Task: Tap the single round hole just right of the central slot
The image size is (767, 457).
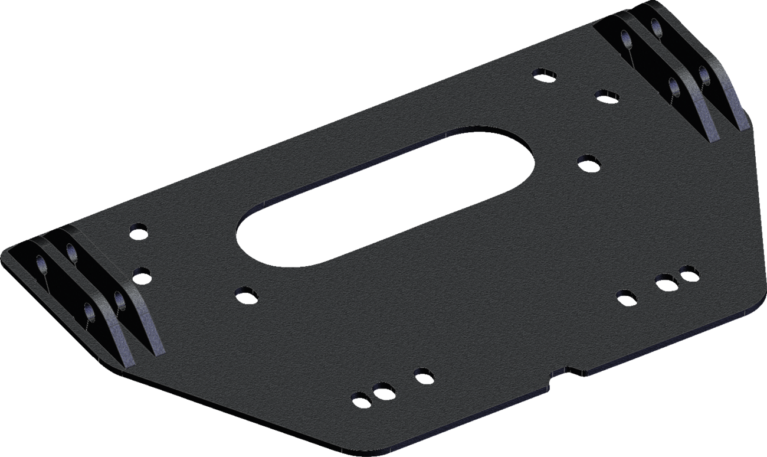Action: (x=588, y=162)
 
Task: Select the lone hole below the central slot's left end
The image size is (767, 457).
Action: (x=245, y=294)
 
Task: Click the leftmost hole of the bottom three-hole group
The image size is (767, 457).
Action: (x=360, y=399)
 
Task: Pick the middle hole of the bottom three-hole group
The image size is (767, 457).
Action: (x=383, y=391)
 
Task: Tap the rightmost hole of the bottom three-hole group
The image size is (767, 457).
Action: (x=423, y=375)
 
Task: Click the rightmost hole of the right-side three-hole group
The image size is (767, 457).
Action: (x=688, y=273)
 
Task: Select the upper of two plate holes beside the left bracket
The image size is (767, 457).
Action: (x=139, y=230)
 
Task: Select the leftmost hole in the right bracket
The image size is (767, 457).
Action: (x=625, y=40)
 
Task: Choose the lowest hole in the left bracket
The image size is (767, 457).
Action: (x=90, y=311)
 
